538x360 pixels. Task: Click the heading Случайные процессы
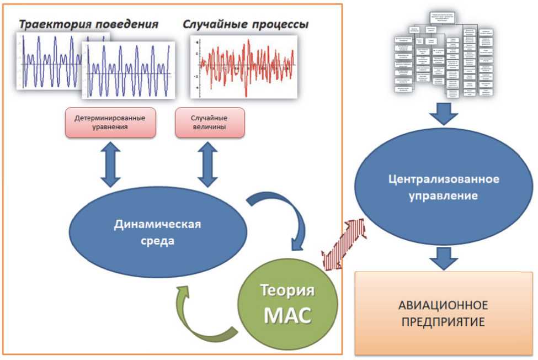245,25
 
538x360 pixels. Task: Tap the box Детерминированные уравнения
110,122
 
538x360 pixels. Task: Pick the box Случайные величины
209,122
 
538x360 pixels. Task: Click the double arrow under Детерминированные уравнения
110,164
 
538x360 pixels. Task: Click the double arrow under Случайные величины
208,164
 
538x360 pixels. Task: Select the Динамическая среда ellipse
158,232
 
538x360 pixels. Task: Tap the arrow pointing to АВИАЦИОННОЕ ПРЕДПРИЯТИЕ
444,256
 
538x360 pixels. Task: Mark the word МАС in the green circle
287,315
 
